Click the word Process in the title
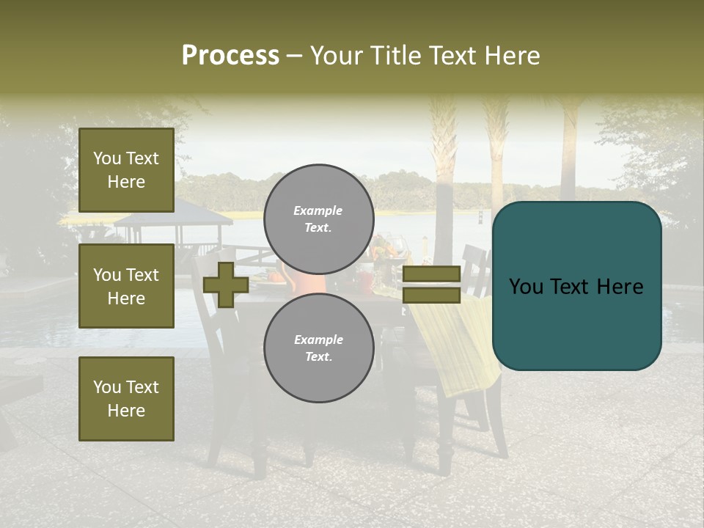tap(230, 56)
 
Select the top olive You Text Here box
tap(126, 170)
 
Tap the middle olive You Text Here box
tap(126, 286)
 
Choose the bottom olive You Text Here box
tap(126, 398)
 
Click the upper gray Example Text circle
tap(318, 219)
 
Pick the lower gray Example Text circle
tap(318, 348)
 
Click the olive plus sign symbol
tap(225, 285)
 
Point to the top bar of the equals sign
tap(431, 274)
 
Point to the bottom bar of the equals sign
tap(431, 296)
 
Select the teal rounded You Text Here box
tap(576, 286)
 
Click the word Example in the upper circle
tap(318, 210)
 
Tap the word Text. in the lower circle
tap(318, 356)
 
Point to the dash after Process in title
tap(294, 56)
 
